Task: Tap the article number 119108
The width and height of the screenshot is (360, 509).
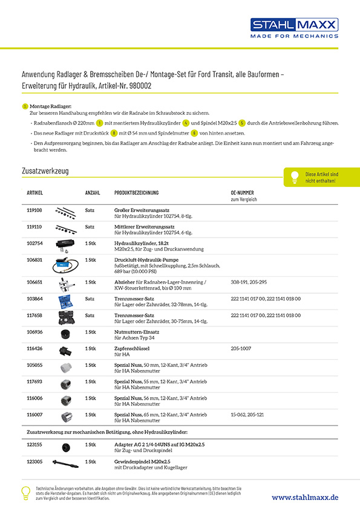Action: [35, 210]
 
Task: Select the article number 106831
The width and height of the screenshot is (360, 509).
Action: [35, 260]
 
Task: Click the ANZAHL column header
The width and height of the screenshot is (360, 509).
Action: [93, 193]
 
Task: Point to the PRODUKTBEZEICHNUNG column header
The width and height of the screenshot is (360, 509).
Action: [136, 193]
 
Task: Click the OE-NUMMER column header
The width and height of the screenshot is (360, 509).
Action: [246, 193]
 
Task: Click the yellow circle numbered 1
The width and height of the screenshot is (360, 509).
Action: [99, 123]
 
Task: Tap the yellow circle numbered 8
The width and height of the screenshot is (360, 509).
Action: [114, 133]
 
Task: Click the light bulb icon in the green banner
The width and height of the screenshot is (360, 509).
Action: [295, 177]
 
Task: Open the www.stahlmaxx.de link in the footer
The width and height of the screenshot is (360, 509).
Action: [305, 496]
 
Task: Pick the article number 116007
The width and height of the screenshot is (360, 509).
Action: [35, 415]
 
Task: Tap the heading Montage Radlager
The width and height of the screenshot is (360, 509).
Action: [50, 106]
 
